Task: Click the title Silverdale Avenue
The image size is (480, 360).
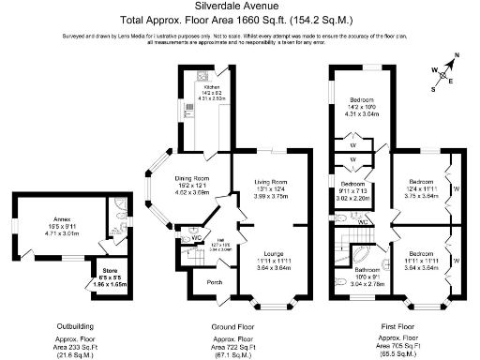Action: point(240,7)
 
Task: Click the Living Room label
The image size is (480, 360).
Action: point(272,184)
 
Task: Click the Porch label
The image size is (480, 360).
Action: point(214,281)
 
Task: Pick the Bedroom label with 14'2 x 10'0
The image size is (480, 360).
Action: point(362,100)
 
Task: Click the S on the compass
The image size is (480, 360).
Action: point(433,89)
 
